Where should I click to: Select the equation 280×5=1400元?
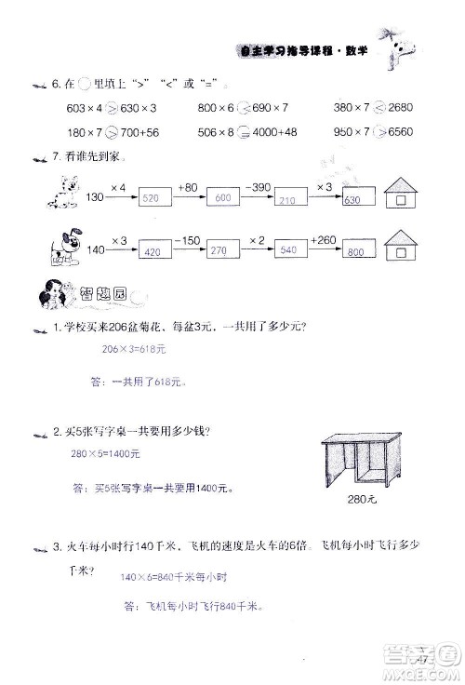click(x=104, y=454)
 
